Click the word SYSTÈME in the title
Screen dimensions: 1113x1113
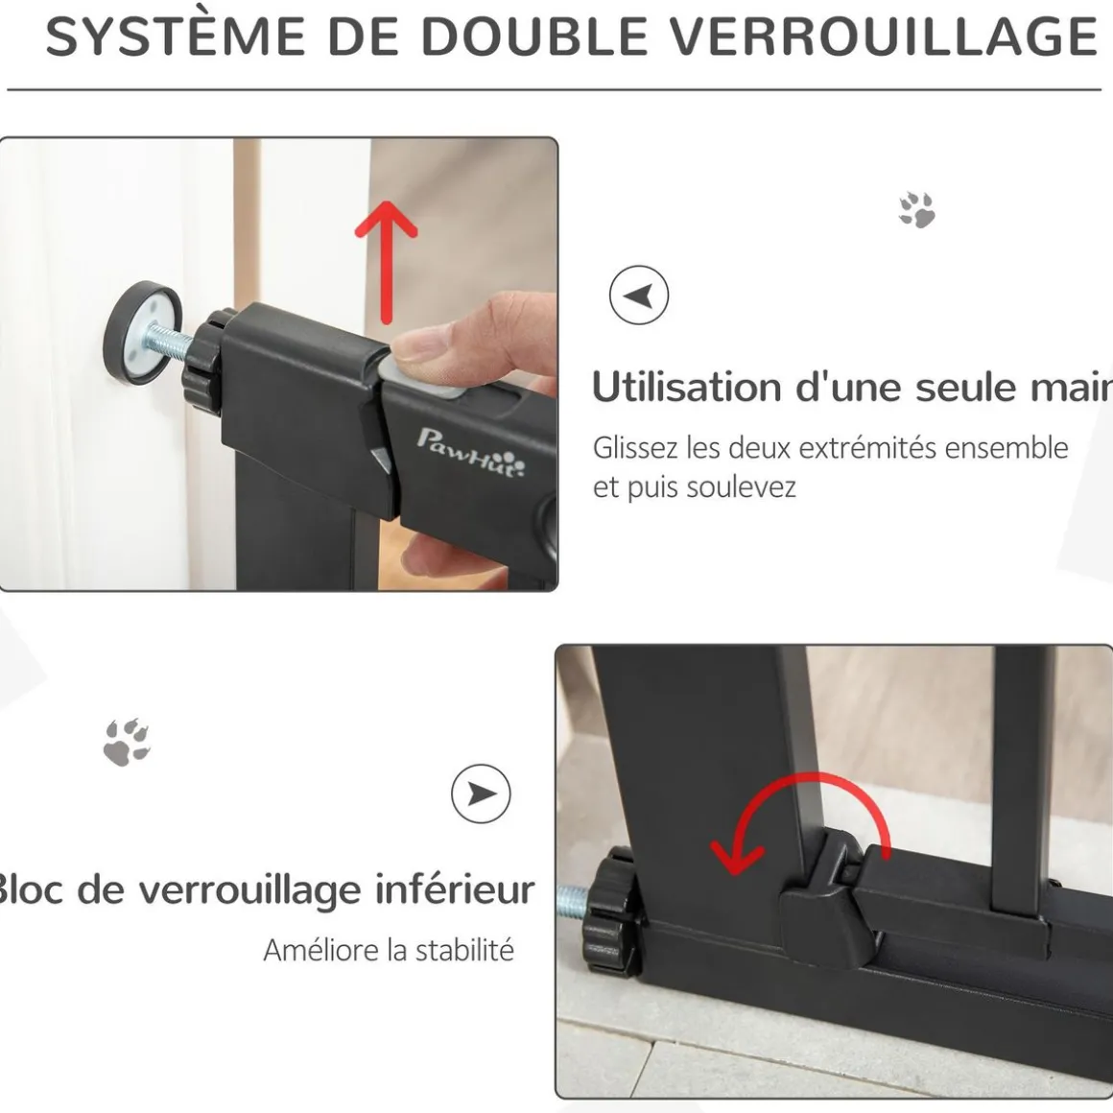click(x=176, y=36)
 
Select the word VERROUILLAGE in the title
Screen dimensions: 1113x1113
click(x=884, y=36)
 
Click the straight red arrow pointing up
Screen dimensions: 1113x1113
click(x=386, y=262)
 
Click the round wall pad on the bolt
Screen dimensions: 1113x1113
click(x=143, y=332)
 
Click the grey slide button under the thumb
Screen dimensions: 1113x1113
click(x=421, y=379)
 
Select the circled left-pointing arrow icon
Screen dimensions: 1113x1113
click(x=639, y=296)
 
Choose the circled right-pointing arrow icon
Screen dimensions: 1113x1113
click(x=481, y=793)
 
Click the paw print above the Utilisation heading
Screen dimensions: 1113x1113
click(x=917, y=209)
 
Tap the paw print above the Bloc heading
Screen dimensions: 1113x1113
click(x=127, y=743)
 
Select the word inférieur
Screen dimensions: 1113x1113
click(x=455, y=889)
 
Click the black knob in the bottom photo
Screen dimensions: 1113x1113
click(x=609, y=912)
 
